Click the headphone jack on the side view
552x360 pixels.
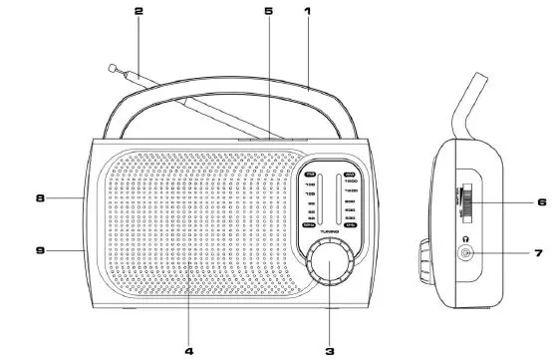point(466,255)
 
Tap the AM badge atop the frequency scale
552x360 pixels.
point(349,174)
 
